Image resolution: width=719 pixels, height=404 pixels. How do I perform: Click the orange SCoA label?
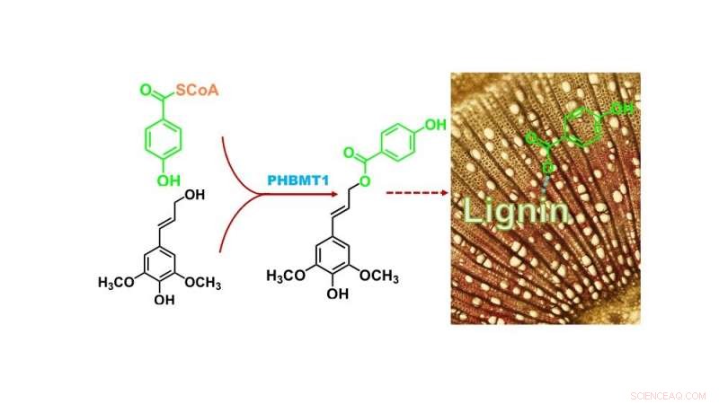point(195,92)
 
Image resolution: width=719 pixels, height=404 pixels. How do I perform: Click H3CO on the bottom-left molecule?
point(117,283)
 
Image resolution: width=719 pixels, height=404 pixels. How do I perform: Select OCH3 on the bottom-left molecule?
point(203,283)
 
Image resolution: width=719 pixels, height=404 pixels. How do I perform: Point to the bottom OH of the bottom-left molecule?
point(163,302)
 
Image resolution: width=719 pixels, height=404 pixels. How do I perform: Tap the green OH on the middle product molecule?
point(435,124)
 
